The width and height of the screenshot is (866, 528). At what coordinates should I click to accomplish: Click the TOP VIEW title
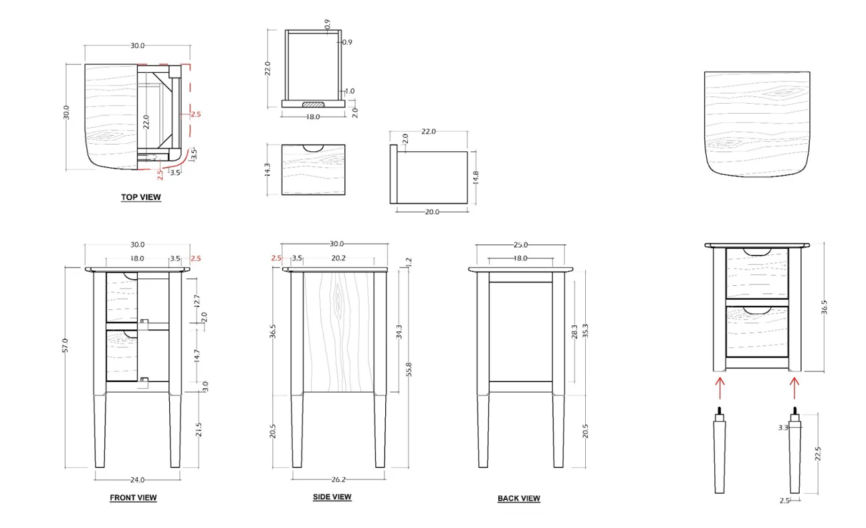point(140,197)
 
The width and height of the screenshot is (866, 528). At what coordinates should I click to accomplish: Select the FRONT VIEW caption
point(133,498)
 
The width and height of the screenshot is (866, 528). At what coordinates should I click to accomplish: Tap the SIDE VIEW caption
point(332,497)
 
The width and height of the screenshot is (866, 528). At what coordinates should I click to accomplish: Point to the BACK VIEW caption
point(519,499)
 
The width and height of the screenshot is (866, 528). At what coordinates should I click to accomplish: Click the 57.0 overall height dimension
point(65,345)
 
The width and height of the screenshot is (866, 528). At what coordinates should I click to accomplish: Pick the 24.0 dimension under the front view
point(137,480)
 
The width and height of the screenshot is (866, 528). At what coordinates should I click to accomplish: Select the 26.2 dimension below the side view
point(338,480)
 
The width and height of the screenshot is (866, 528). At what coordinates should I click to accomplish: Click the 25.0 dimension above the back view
point(520,245)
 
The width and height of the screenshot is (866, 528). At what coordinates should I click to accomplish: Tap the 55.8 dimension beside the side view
point(409,369)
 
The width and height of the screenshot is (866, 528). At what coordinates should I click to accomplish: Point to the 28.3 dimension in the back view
point(574,332)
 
